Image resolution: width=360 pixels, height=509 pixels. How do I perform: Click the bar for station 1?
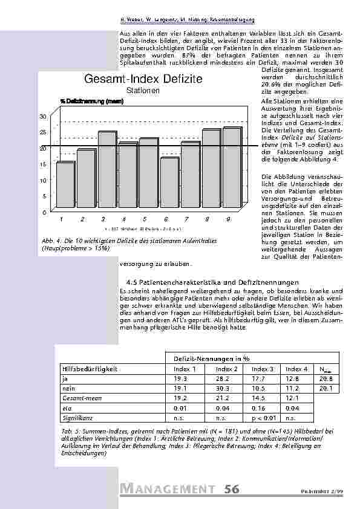tap(65, 187)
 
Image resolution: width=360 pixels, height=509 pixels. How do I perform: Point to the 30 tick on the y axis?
tap(43, 115)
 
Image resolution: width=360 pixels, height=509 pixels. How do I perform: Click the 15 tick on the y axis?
tap(43, 164)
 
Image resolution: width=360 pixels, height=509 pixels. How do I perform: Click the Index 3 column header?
tap(262, 369)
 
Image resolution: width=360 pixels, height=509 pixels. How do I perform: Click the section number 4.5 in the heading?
tap(132, 282)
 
